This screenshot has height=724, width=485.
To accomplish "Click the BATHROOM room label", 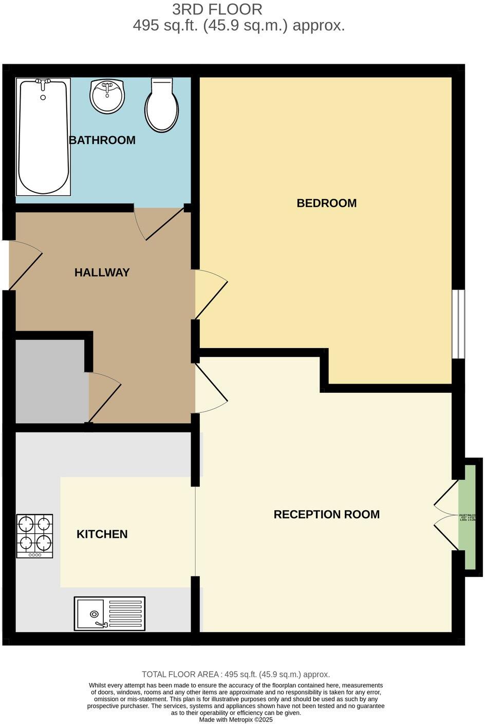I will (x=102, y=140).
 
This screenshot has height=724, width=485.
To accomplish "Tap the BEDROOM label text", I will (x=326, y=203).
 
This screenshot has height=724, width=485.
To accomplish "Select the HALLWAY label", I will (x=102, y=273).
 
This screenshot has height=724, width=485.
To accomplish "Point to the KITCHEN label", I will (x=102, y=534).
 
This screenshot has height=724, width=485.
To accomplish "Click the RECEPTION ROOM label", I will (x=326, y=514).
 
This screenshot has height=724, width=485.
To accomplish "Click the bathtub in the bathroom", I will (x=43, y=137).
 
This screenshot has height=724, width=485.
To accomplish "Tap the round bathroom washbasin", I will (x=107, y=96).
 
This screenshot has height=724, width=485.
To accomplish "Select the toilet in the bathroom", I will (x=162, y=104).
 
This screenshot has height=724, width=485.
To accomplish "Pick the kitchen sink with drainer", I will (x=109, y=613).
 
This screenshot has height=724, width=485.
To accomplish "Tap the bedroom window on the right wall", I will (x=458, y=324).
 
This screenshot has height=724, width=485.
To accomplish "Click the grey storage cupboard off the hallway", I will (x=49, y=381).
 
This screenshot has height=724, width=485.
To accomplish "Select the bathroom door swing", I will (x=159, y=224).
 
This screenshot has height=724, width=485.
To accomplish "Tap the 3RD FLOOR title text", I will (x=217, y=9).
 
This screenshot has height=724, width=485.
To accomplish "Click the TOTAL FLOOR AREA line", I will (x=236, y=674).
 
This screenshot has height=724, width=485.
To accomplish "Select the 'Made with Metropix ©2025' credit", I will (x=236, y=720).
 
